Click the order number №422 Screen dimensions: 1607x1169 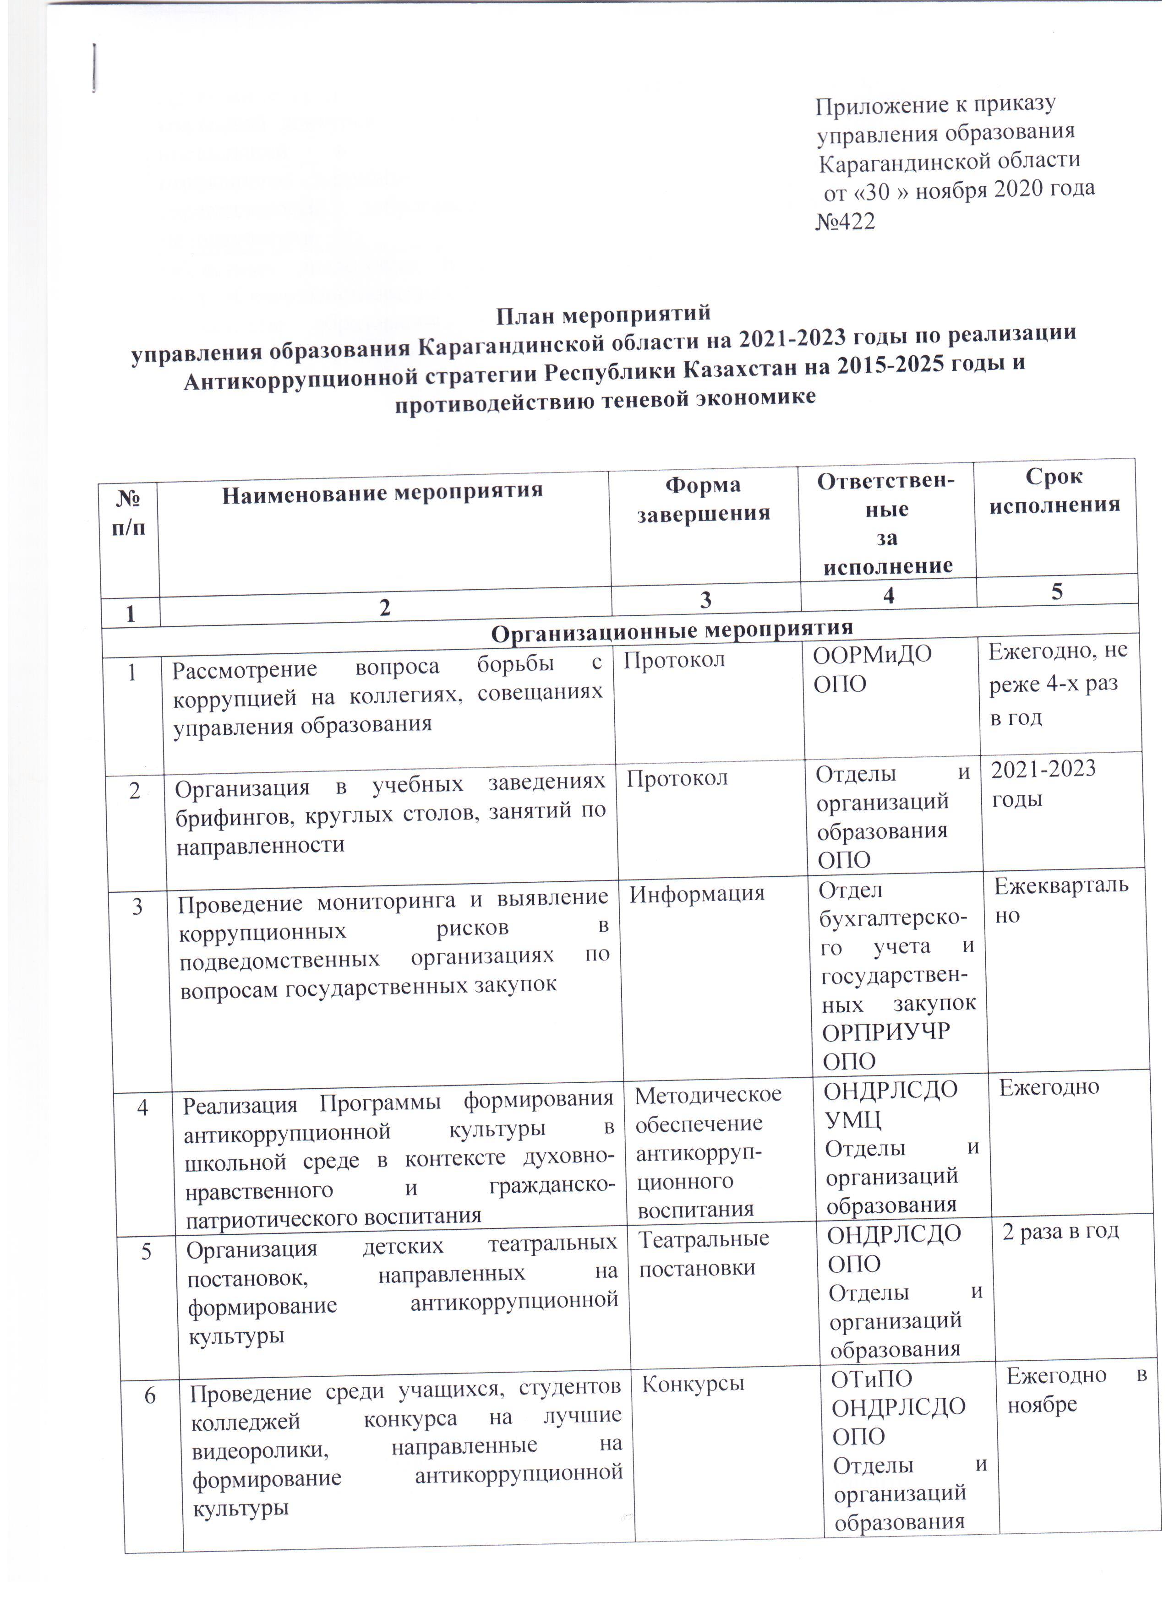[846, 222]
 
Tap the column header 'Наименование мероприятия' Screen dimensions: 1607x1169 [382, 492]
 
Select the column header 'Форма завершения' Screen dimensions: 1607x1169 [703, 499]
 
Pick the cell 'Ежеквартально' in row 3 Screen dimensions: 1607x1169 [1060, 899]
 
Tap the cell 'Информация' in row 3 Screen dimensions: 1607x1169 [697, 893]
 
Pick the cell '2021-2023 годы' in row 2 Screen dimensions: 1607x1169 [1043, 783]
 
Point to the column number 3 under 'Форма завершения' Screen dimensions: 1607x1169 [705, 600]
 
